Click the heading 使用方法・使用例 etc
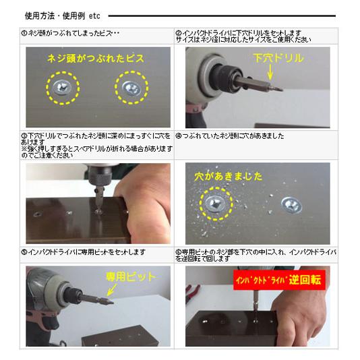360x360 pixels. coord(62,14)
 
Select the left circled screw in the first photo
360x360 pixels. coord(63,87)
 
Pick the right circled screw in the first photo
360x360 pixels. coord(131,87)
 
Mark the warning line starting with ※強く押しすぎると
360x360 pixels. coord(94,148)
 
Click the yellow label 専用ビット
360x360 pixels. coord(131,276)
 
